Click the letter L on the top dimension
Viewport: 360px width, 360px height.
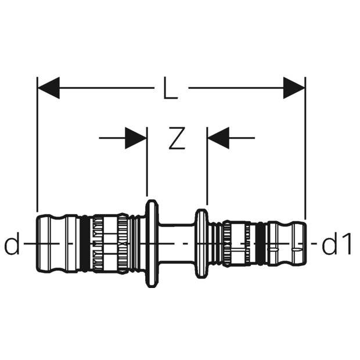170,90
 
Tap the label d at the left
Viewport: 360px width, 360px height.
12,246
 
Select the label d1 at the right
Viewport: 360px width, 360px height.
337,246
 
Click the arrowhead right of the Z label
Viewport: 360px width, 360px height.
218,138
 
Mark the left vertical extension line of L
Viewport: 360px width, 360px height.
37,145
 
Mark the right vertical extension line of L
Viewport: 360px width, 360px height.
305,145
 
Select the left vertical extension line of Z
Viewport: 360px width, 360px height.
147,168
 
